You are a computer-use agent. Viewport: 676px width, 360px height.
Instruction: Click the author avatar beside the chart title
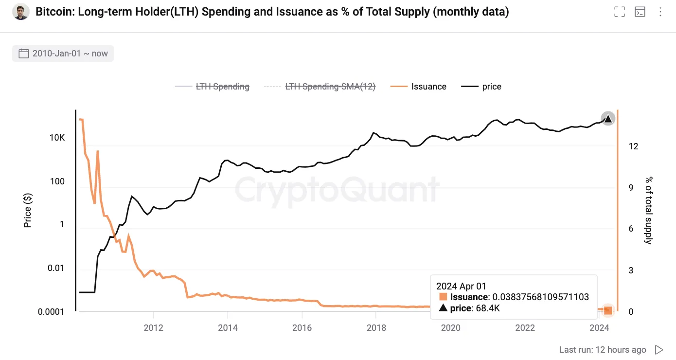click(x=21, y=12)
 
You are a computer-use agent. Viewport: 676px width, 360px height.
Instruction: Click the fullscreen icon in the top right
click(x=619, y=12)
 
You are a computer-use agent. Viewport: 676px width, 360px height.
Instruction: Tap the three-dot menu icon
click(x=660, y=12)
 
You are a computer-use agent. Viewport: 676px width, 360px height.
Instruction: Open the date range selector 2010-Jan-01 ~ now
click(x=63, y=54)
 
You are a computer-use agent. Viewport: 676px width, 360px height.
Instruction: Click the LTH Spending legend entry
click(x=222, y=87)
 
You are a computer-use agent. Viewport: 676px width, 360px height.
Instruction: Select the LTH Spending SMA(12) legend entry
click(x=330, y=87)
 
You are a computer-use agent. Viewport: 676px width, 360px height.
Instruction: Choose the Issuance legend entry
click(x=428, y=87)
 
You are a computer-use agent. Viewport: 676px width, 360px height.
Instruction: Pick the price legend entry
click(x=491, y=87)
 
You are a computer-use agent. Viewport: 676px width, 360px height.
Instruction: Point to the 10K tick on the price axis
click(x=57, y=138)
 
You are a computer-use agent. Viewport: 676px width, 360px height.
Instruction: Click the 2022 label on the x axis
click(x=525, y=328)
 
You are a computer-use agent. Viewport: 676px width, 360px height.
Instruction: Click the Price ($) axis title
click(x=28, y=210)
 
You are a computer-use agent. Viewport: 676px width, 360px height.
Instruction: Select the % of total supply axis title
click(x=648, y=210)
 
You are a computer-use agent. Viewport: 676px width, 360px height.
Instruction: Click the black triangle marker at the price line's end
click(x=607, y=118)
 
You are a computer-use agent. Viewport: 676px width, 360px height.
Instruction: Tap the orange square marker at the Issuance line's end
click(x=608, y=309)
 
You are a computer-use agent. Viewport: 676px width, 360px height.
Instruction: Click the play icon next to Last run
click(x=659, y=349)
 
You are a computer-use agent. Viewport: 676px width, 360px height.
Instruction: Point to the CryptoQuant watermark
click(x=337, y=189)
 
